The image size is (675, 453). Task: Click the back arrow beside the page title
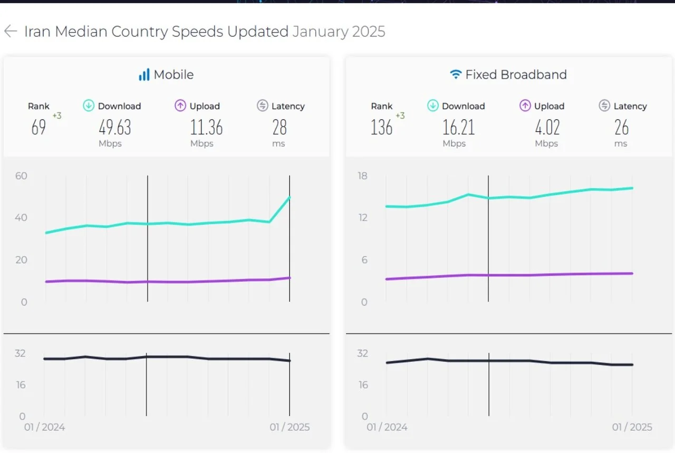(x=11, y=32)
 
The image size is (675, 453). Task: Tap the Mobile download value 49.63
(x=115, y=128)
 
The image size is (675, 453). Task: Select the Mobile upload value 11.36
(x=206, y=128)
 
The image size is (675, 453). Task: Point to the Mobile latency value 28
(x=279, y=128)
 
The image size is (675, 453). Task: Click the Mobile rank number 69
(x=38, y=128)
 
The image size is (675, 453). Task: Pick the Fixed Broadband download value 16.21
(x=459, y=128)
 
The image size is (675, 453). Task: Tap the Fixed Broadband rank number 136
(x=381, y=128)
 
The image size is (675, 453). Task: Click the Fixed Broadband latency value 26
(x=622, y=128)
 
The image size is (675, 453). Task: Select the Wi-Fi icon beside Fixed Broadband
(x=456, y=75)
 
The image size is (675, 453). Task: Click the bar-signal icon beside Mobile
(x=144, y=75)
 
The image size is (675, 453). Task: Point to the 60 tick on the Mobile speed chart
(x=21, y=176)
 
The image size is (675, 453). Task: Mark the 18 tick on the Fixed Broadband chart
(x=363, y=176)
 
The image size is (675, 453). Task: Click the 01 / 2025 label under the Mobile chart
(x=290, y=427)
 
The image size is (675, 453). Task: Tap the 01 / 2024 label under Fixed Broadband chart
(x=387, y=427)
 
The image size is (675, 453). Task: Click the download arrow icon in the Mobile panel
(x=89, y=106)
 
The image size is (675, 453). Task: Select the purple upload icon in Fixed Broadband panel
(x=525, y=106)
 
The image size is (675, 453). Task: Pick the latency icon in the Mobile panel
(x=263, y=106)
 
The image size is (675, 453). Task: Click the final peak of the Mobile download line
(x=290, y=197)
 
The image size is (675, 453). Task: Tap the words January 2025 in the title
(x=339, y=32)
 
